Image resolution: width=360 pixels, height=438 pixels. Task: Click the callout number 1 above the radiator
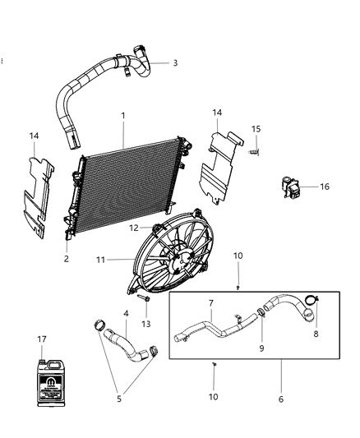tap(123, 117)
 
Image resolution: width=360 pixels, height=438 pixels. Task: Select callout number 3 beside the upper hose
tap(174, 62)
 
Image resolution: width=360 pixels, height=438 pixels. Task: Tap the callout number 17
tap(41, 338)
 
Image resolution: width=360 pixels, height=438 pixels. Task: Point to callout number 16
tap(324, 187)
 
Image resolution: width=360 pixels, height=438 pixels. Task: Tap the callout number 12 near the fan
tap(132, 227)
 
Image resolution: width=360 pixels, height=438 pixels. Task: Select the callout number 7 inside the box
tap(210, 303)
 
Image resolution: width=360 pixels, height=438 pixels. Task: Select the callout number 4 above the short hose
tap(126, 313)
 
